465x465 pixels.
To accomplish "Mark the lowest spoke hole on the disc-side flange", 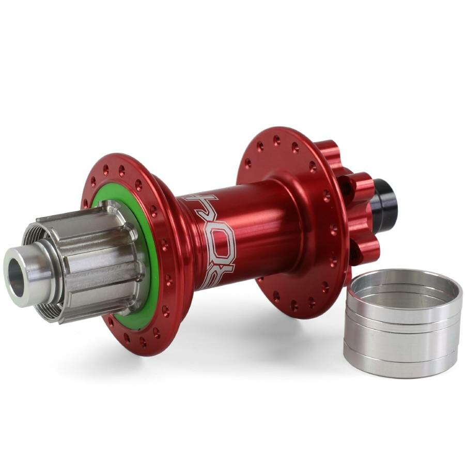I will coord(291,304).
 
